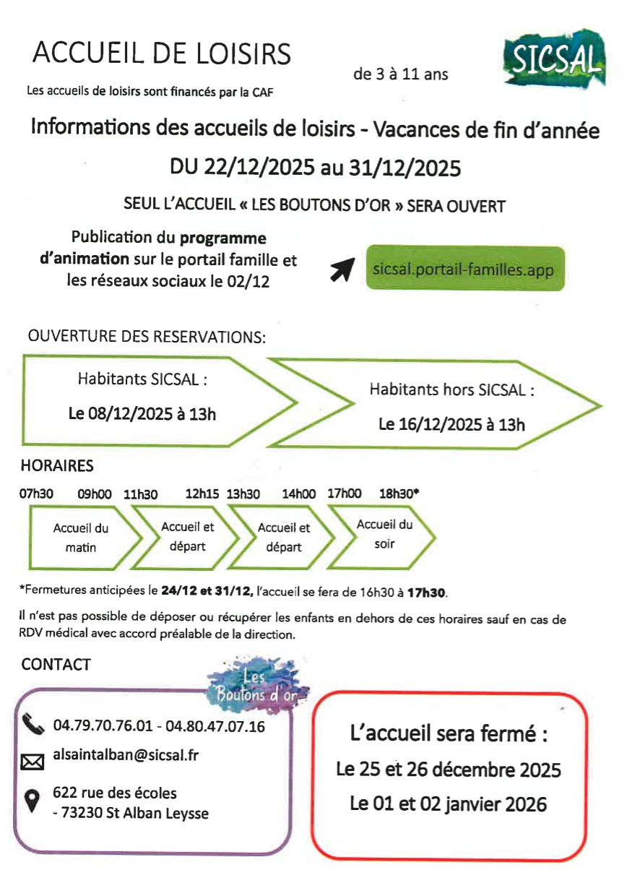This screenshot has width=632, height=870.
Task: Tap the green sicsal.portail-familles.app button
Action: pos(464,269)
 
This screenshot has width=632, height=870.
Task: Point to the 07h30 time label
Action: pos(37,494)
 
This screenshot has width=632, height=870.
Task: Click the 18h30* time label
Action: pos(399,494)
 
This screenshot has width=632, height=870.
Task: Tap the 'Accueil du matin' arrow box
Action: pos(82,538)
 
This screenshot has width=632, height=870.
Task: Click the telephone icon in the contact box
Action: pos(33,723)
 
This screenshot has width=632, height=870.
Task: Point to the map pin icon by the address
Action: pos(33,800)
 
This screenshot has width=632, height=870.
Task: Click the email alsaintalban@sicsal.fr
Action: pos(126,756)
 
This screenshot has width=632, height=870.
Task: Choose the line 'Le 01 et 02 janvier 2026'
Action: pos(448,804)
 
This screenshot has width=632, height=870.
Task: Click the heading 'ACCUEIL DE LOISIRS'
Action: pos(162,53)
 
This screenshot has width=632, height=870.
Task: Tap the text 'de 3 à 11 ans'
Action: pos(400,74)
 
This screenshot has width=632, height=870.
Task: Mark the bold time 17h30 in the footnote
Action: pos(427,593)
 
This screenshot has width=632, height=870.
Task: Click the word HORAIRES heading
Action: pos(57,466)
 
